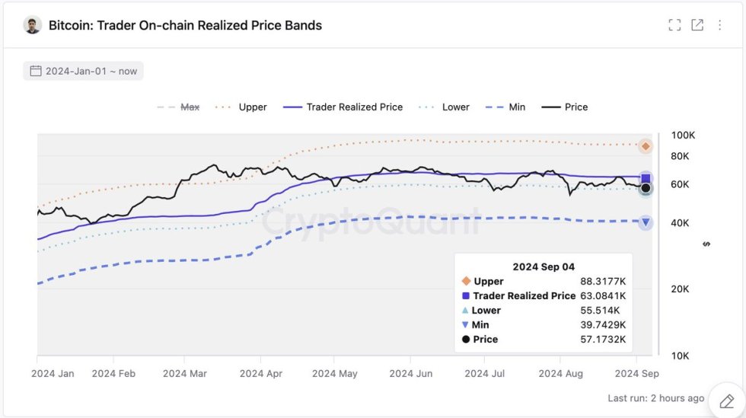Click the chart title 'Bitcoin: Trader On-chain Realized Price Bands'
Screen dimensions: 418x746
pos(185,25)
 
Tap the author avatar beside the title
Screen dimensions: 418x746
pos(32,25)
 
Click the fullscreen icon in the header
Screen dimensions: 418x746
pos(674,25)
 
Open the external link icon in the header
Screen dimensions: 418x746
pos(697,25)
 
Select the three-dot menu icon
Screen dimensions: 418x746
pos(719,25)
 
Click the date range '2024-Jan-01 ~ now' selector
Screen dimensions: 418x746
pos(83,71)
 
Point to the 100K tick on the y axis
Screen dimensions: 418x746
pos(683,136)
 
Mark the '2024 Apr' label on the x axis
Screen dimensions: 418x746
pos(262,374)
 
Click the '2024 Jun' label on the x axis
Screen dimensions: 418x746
pos(411,374)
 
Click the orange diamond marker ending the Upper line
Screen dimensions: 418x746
pos(646,146)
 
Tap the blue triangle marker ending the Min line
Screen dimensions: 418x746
pos(646,222)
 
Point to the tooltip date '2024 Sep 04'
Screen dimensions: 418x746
pos(544,266)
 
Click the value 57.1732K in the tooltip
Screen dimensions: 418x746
pos(603,339)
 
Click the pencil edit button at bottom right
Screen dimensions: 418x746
pos(726,400)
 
